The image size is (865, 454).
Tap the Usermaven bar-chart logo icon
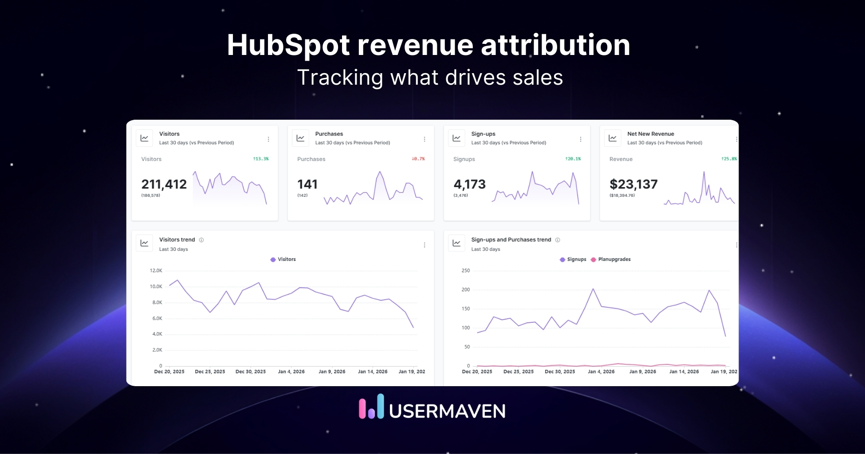coord(371,406)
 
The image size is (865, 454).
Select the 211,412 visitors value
coord(164,184)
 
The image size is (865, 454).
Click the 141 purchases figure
coord(307,184)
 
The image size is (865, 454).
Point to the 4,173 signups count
coord(469,184)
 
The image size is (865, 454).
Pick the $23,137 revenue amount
coord(633,184)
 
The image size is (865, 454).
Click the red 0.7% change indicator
coord(418,159)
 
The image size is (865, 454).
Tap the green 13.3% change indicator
coord(261,159)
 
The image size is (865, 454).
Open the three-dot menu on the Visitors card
coord(268,139)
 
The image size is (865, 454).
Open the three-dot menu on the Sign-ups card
coord(580,139)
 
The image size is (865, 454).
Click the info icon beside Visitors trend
coord(201,240)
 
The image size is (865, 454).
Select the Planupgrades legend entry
coord(611,259)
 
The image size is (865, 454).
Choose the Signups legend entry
coord(573,259)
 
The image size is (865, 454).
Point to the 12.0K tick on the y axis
coord(156,270)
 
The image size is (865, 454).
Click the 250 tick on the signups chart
coord(465,270)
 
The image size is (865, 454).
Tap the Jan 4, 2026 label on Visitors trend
coord(291,372)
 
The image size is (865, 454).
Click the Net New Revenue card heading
coord(650,134)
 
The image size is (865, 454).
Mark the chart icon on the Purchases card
coord(300,138)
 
